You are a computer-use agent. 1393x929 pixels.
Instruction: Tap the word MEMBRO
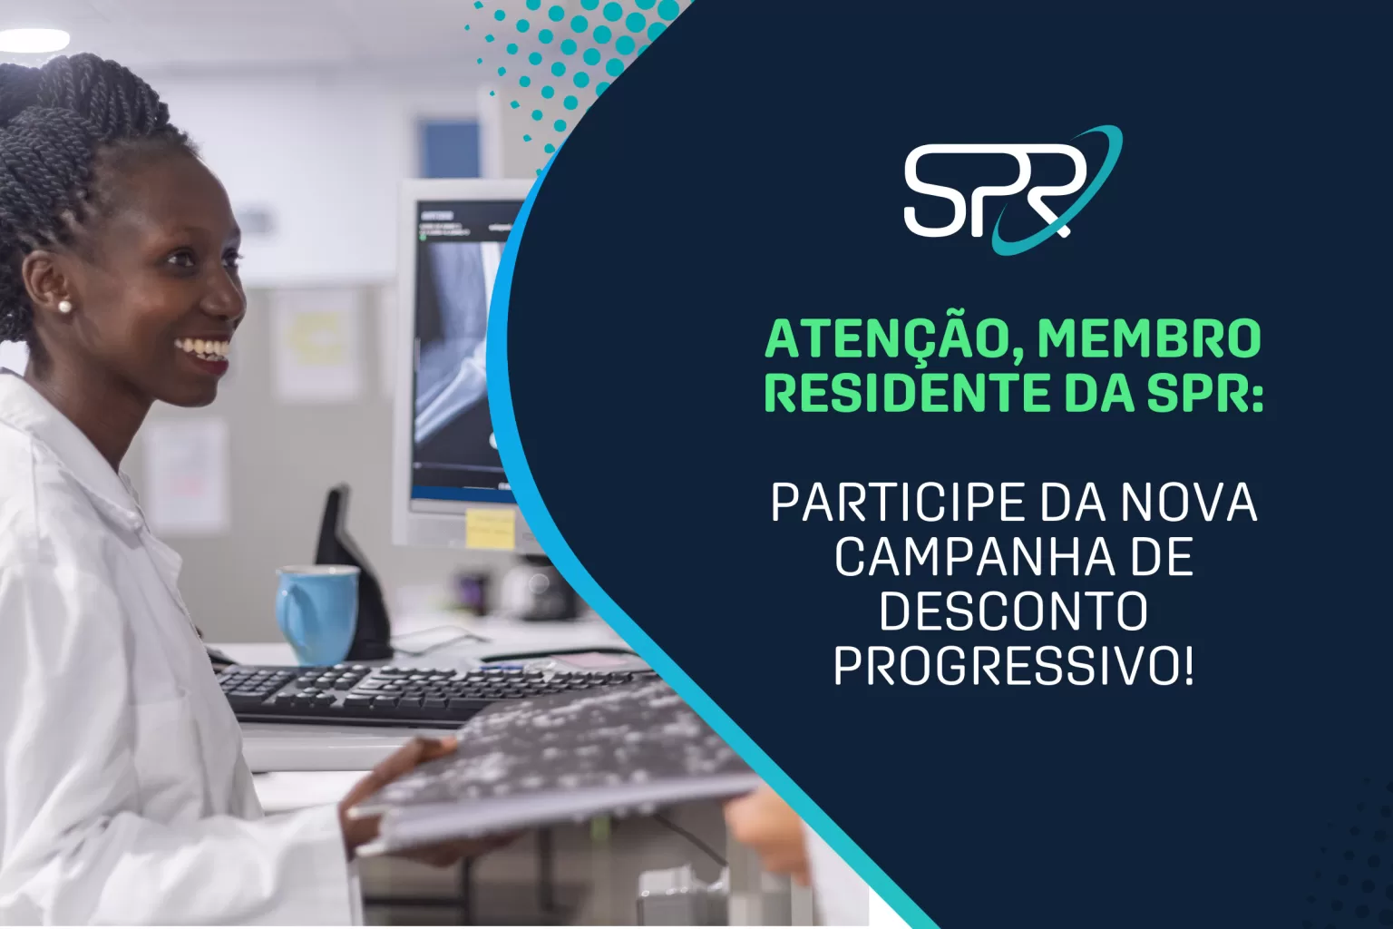(1149, 339)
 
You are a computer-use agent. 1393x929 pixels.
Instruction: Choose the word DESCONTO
(1013, 611)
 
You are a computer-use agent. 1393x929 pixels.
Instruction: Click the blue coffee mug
(317, 613)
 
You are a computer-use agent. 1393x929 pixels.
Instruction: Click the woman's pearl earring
(64, 307)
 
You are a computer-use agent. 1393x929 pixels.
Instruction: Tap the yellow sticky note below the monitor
(490, 528)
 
